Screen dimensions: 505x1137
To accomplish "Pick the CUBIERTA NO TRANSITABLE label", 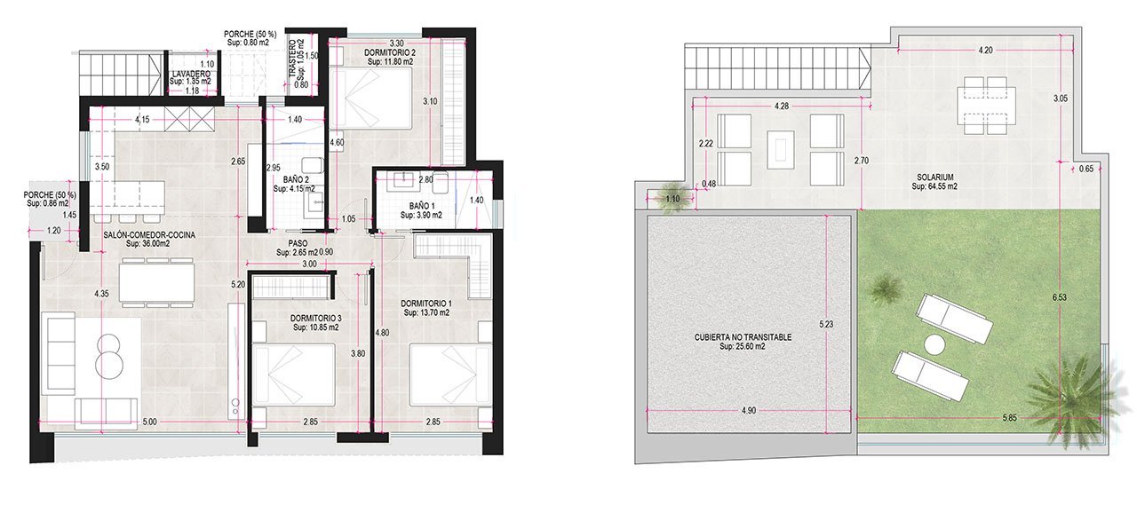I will coord(743,337).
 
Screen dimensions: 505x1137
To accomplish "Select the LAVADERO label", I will coord(191,75).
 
